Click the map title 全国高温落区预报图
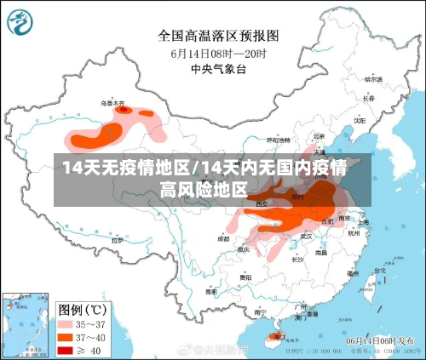coord(218,36)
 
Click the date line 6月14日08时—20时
coord(218,52)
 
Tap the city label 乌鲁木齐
coord(112,103)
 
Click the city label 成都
coord(223,239)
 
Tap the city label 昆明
coord(211,289)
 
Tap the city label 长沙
coord(296,259)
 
